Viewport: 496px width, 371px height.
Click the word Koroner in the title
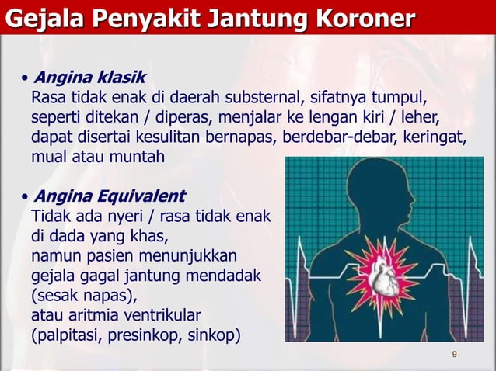coord(364,17)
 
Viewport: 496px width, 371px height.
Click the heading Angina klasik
coord(88,78)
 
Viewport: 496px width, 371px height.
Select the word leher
coord(421,119)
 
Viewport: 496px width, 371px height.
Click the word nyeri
coord(125,215)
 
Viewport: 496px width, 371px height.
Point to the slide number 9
coord(454,355)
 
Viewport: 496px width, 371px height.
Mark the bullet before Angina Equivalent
coord(26,195)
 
